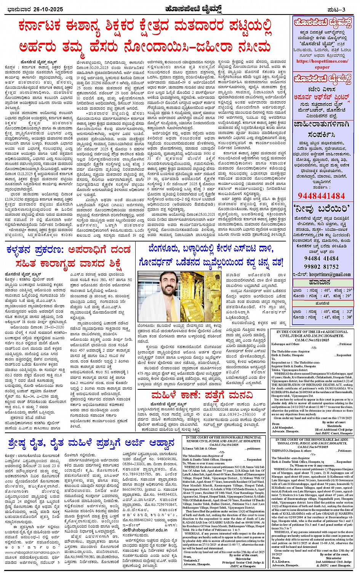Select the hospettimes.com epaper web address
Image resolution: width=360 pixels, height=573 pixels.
322,64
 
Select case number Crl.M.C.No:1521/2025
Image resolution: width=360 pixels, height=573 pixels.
314,340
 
